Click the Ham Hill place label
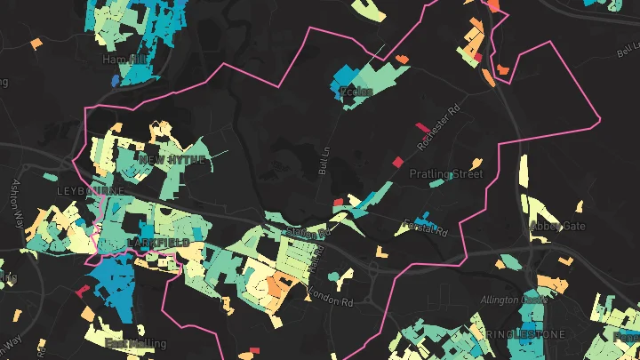click(124, 59)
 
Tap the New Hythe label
click(172, 159)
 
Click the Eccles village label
click(354, 91)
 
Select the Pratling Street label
click(445, 173)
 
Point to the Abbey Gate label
click(557, 226)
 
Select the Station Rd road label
click(308, 232)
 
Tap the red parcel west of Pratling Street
click(397, 160)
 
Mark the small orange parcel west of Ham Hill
click(36, 42)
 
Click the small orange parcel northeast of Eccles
click(402, 59)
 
